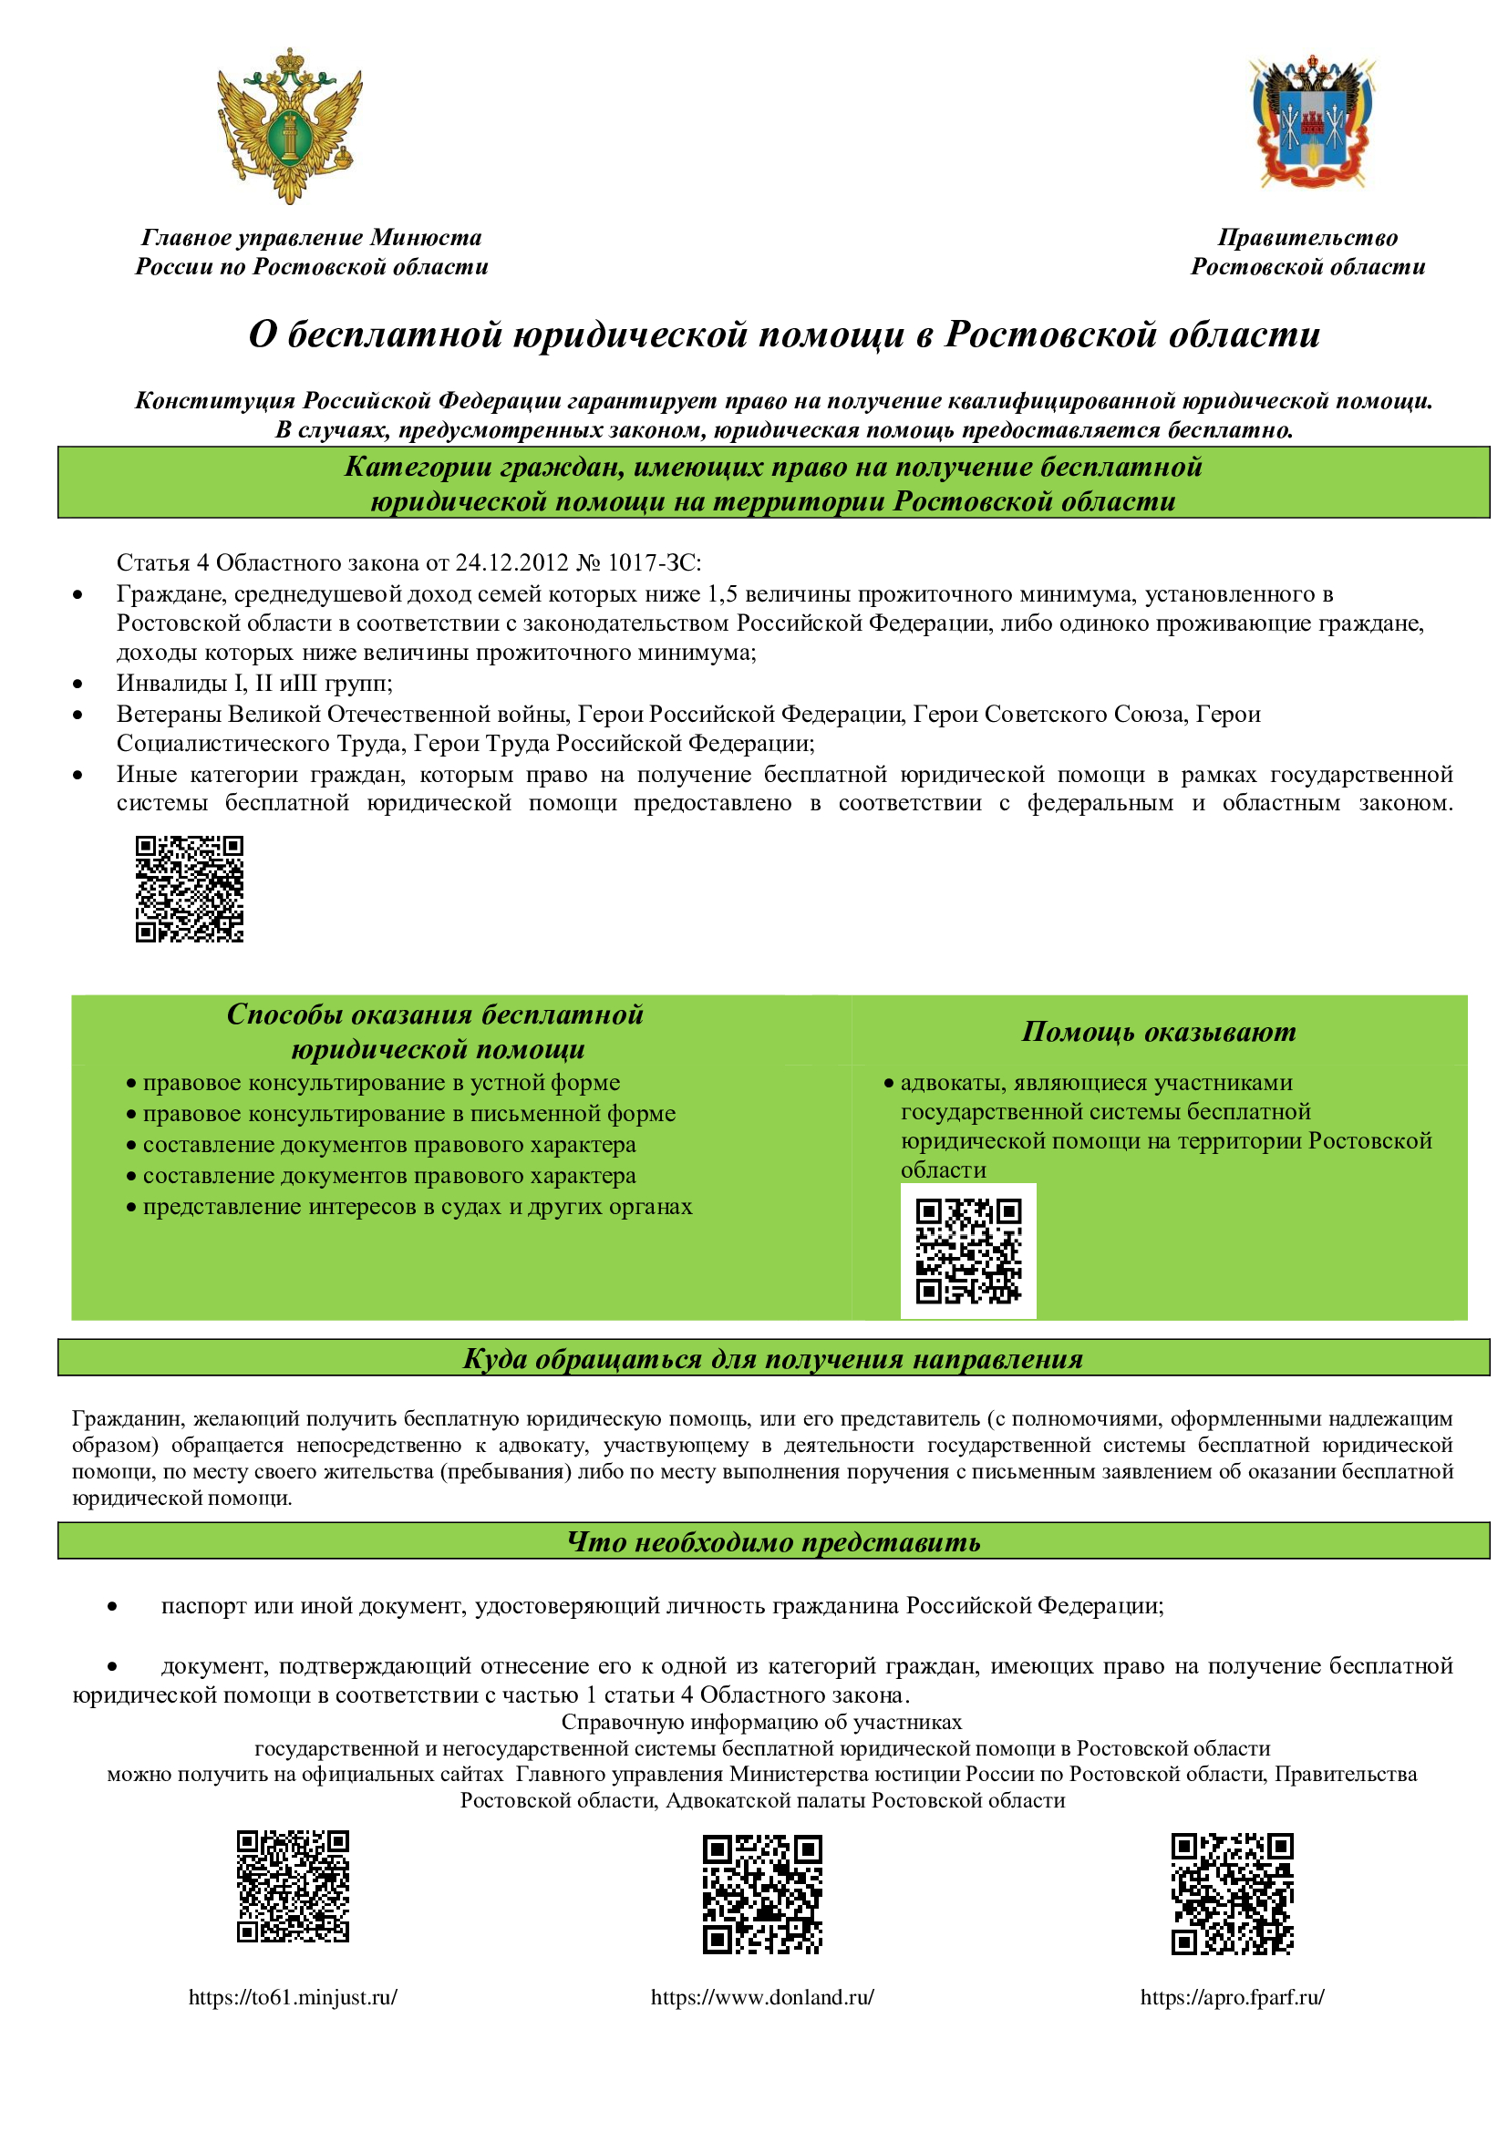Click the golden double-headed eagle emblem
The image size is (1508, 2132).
[290, 126]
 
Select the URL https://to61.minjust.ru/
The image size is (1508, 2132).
[293, 1996]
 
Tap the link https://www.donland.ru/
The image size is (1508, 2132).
[762, 1996]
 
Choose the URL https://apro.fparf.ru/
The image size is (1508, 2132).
[1233, 1996]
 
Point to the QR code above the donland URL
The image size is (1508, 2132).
[762, 1894]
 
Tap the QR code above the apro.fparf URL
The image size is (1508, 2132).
[1233, 1894]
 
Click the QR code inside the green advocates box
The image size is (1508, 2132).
[968, 1250]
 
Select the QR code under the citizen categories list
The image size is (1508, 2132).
[190, 889]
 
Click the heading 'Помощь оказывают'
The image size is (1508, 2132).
[1159, 1032]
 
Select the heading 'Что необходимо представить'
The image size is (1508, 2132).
[773, 1542]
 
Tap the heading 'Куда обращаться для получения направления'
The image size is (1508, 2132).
[773, 1359]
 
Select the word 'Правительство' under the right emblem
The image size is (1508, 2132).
[1307, 238]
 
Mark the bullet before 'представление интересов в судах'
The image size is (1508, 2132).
[132, 1208]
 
